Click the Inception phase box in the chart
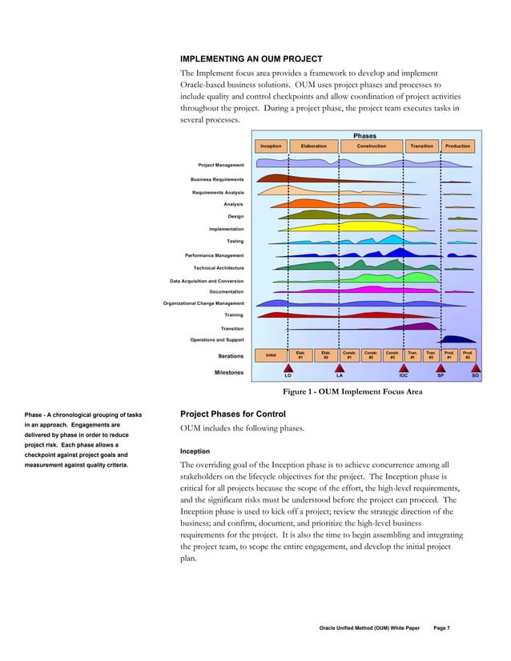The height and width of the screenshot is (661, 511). [x=271, y=146]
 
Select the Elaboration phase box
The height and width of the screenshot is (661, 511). [x=313, y=146]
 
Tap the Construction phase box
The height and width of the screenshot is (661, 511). [x=371, y=146]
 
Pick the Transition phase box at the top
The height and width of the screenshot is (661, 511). [x=421, y=146]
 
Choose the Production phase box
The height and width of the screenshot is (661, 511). [x=457, y=146]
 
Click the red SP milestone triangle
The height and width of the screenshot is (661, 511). [x=440, y=367]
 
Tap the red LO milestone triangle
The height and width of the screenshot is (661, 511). [x=288, y=367]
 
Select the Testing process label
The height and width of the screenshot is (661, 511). [x=235, y=241]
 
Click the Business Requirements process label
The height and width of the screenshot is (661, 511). [x=217, y=179]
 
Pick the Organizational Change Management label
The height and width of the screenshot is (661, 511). [x=203, y=303]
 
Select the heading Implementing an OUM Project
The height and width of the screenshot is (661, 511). [x=251, y=59]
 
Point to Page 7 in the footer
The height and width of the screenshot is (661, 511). [x=441, y=628]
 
